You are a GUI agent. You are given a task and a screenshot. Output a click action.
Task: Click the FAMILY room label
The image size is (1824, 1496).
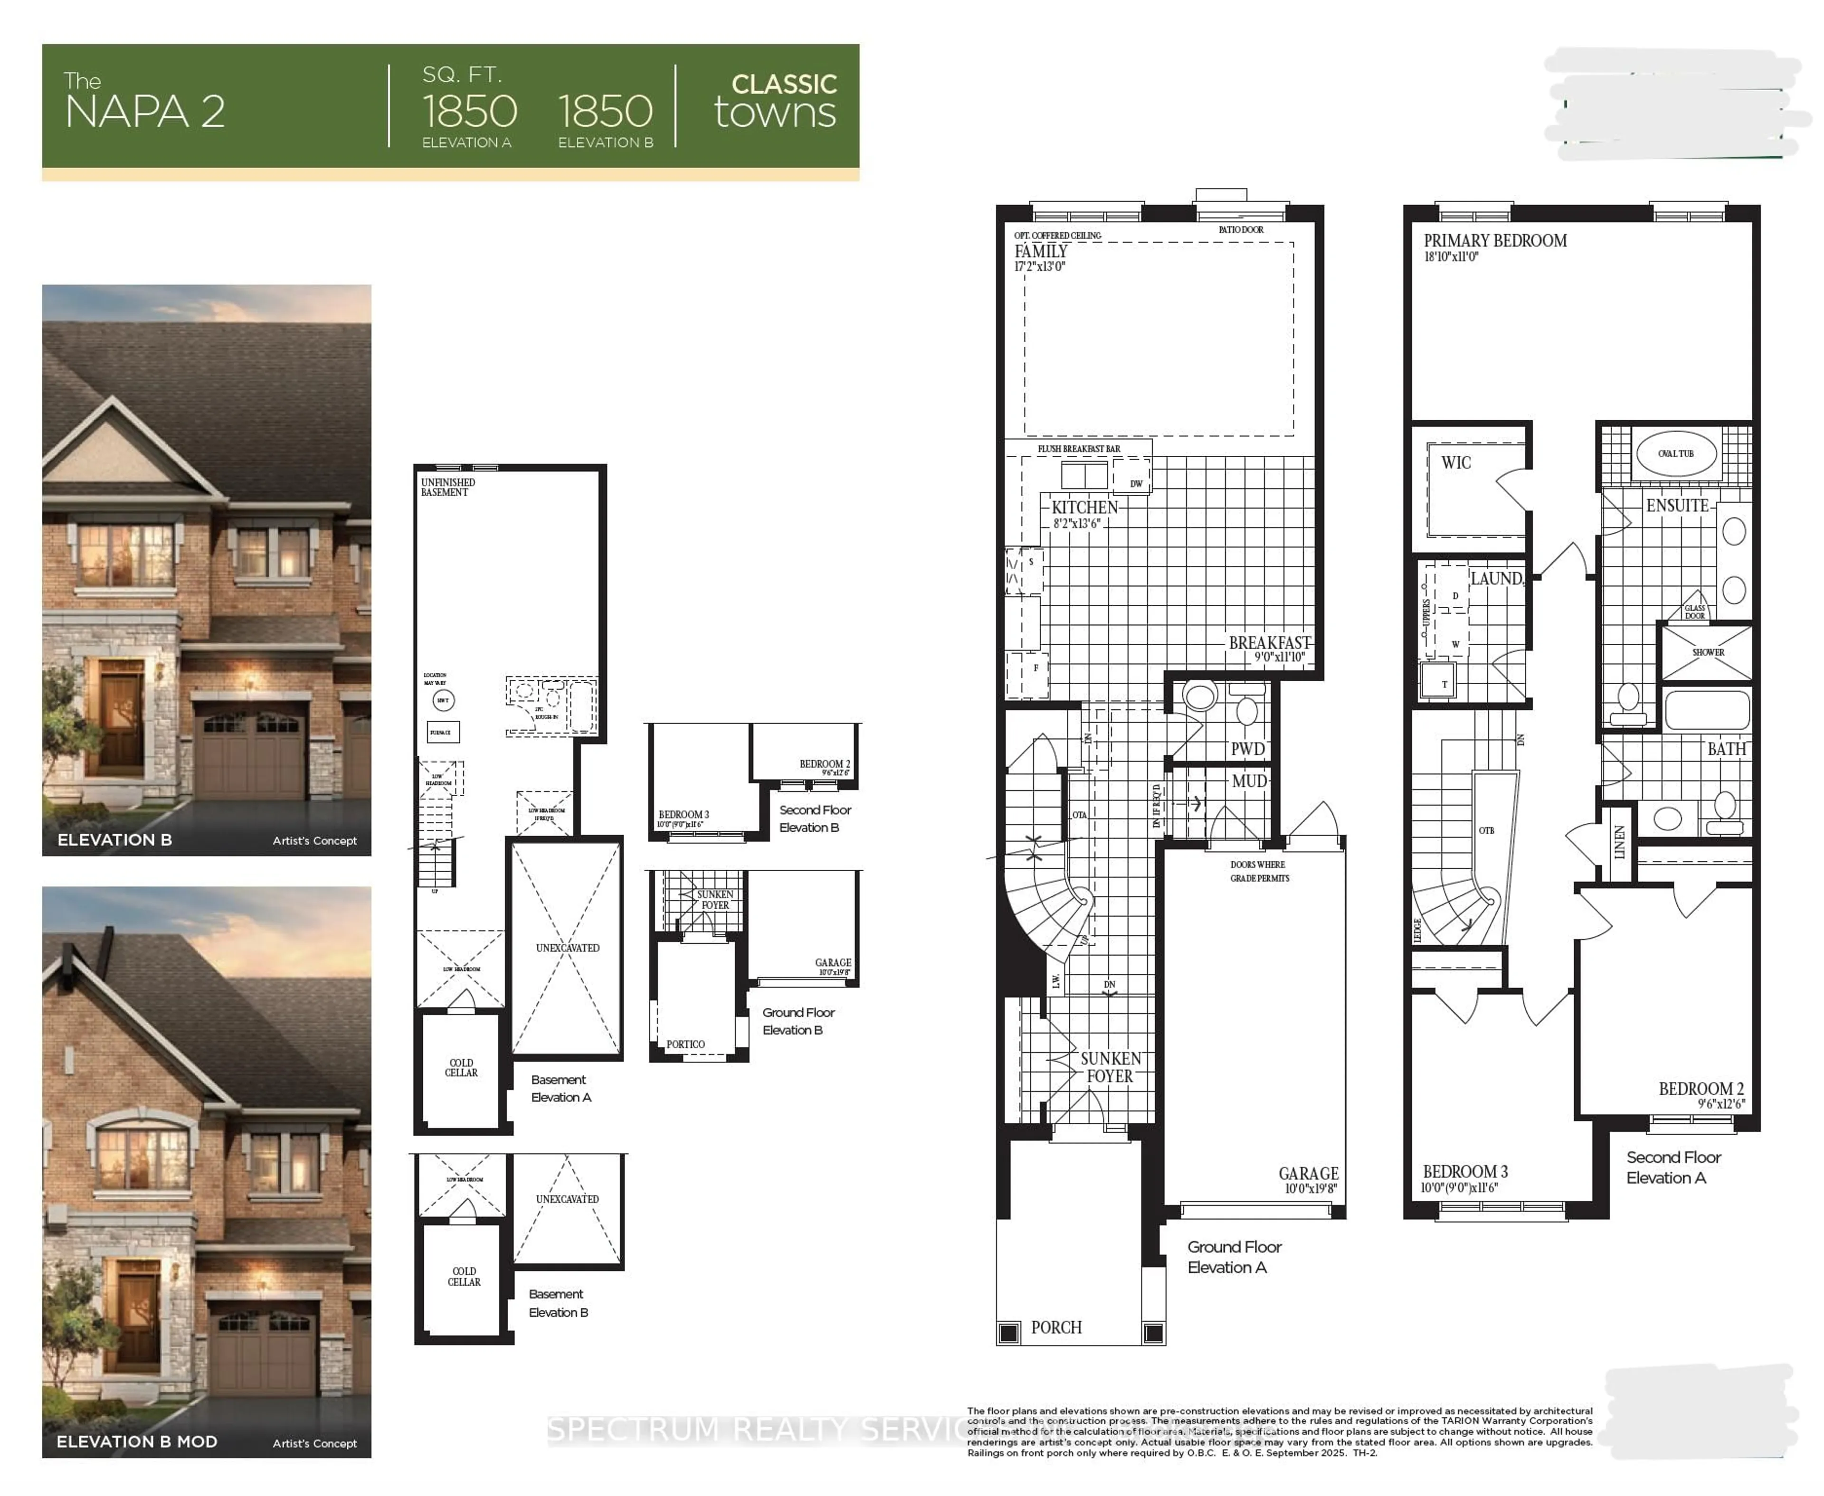[1040, 252]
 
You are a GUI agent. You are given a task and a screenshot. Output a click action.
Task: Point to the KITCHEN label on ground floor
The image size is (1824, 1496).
[1084, 508]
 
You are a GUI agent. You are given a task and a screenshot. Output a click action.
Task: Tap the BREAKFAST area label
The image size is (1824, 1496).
[1269, 643]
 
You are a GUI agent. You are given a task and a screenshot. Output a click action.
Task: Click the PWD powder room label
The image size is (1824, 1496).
[1247, 749]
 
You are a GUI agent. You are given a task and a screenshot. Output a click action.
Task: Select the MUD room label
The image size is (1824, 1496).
[1249, 781]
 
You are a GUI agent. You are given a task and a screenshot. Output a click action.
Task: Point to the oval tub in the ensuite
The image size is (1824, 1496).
[1676, 453]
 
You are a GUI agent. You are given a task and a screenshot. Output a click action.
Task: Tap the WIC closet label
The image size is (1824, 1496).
[1456, 463]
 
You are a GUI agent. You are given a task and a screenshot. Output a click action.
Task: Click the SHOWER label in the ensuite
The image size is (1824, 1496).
[1708, 652]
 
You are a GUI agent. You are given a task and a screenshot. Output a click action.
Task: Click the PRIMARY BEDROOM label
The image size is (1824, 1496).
[1495, 241]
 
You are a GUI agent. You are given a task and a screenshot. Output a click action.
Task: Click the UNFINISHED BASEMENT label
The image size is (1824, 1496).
[447, 487]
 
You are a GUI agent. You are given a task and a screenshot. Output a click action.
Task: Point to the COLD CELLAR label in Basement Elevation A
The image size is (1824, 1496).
[461, 1068]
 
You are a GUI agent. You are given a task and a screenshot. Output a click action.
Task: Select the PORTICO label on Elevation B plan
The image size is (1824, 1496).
[685, 1044]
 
